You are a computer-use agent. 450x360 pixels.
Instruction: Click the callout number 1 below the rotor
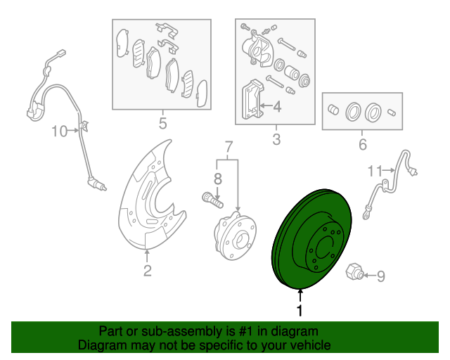click(300, 310)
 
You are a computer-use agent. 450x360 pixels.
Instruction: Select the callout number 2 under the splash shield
click(147, 271)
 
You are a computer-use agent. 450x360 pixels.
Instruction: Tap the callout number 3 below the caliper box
click(276, 139)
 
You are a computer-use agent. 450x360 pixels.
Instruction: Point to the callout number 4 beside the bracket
click(276, 107)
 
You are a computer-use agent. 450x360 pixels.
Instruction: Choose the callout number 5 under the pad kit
click(162, 124)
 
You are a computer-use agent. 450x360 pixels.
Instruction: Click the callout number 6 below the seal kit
click(363, 146)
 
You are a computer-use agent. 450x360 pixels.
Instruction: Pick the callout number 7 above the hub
click(228, 148)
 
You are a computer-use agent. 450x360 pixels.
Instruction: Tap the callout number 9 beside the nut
click(381, 276)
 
